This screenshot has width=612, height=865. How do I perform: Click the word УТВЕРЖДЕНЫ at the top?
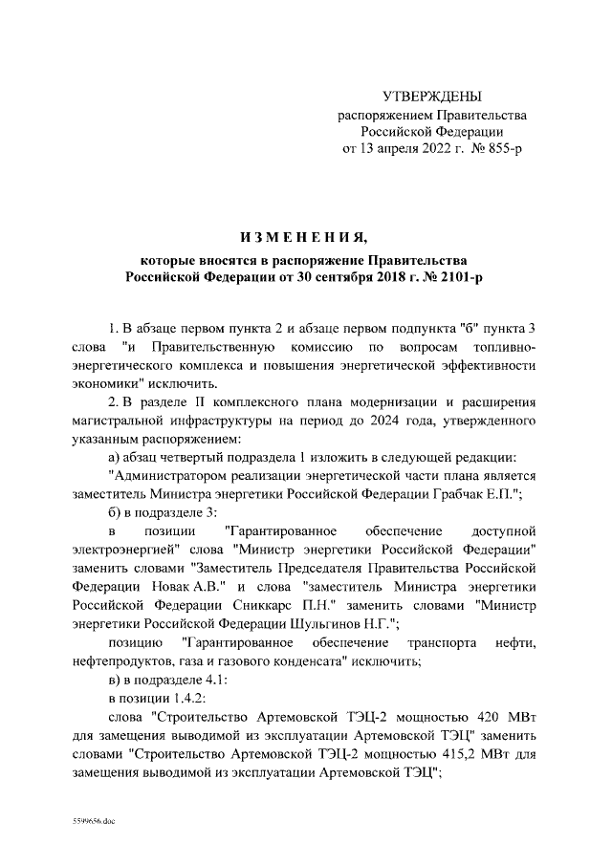tap(432, 97)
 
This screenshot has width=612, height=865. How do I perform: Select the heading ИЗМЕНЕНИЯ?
tap(303, 236)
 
